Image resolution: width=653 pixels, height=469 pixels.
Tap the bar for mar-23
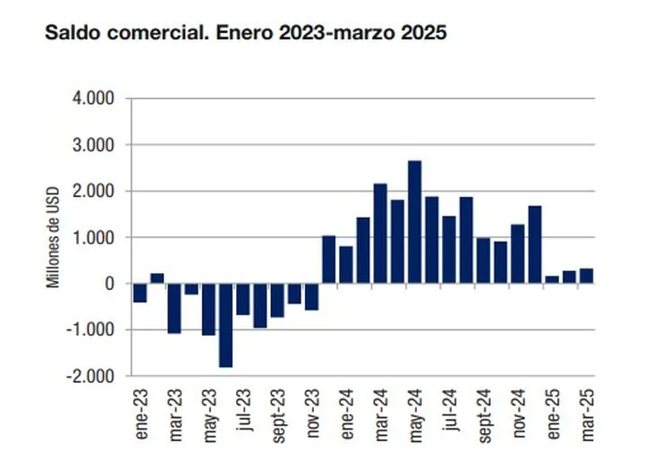[x=174, y=308]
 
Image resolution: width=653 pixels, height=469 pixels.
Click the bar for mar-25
[x=586, y=276]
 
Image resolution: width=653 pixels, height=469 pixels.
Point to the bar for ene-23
[x=140, y=293]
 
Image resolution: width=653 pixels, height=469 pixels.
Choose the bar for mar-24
[x=380, y=234]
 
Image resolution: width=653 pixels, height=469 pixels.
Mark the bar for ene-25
[x=552, y=279]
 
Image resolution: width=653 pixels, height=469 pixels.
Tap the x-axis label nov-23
[x=312, y=413]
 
